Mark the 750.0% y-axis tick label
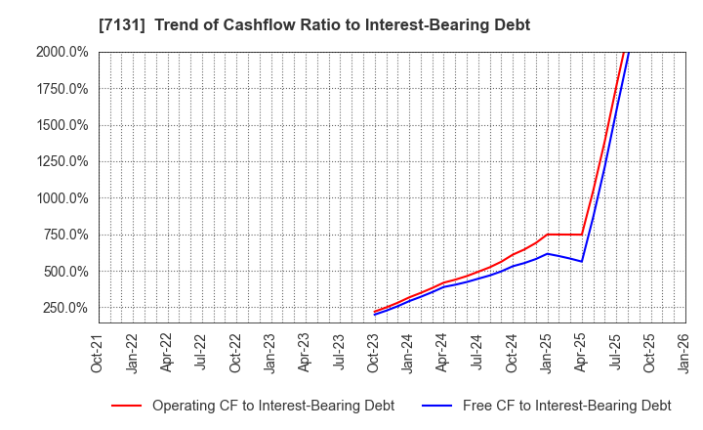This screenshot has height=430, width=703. tap(64, 235)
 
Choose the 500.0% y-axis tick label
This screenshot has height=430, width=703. tap(64, 272)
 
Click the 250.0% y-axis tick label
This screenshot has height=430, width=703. tap(64, 308)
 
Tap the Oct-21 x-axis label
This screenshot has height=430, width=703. tap(98, 352)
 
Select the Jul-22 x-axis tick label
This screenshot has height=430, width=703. tap(201, 352)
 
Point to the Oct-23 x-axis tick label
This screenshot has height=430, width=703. tap(374, 352)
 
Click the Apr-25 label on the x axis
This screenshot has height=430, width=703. tap(581, 352)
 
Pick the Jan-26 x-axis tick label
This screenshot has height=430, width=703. tap(684, 352)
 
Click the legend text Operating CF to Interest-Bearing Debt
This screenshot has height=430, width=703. tap(273, 406)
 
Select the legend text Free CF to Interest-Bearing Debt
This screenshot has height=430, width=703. tap(566, 406)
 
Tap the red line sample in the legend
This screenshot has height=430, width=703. tap(126, 406)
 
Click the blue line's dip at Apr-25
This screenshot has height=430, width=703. tap(581, 261)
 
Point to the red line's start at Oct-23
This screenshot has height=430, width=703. tap(375, 312)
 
